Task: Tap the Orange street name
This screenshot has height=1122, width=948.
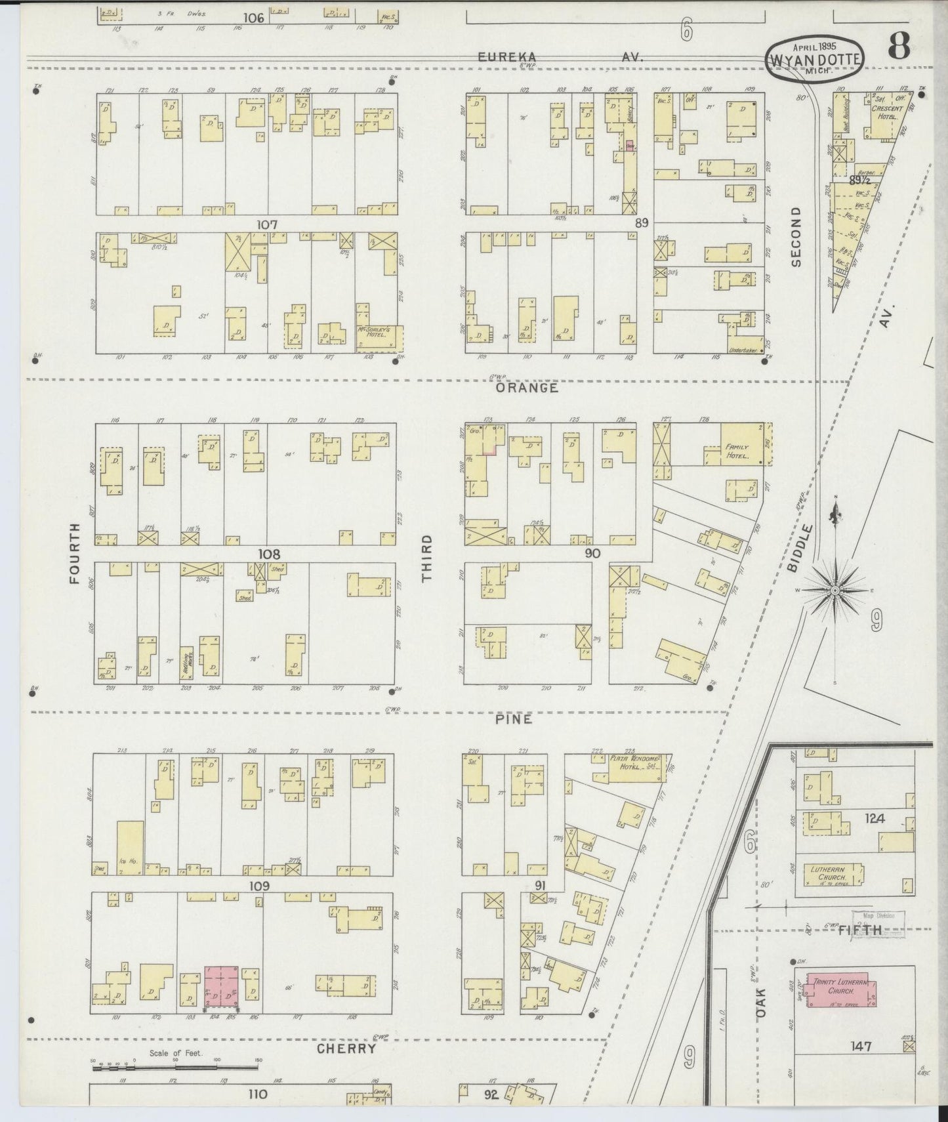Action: pos(527,388)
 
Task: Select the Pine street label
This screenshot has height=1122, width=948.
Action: pos(513,719)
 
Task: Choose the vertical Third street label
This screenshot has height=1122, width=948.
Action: pos(427,558)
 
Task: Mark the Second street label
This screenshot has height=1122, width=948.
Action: pos(796,236)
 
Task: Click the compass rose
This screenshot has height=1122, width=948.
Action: pos(835,591)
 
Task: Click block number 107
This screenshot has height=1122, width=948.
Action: pos(267,224)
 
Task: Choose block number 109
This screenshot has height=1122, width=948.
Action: pos(268,885)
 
